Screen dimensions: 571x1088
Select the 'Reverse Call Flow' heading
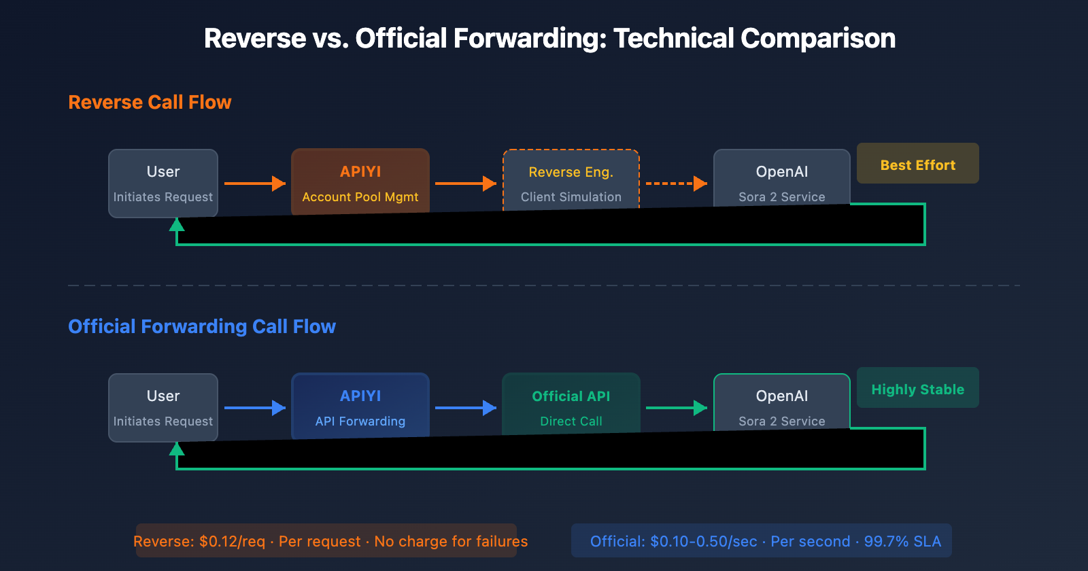[150, 103]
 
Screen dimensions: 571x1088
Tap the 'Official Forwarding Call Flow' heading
[202, 327]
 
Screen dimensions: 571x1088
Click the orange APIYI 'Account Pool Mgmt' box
[360, 182]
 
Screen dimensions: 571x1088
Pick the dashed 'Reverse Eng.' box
[571, 181]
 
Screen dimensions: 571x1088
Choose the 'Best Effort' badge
[917, 164]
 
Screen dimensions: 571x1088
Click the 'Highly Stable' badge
[917, 388]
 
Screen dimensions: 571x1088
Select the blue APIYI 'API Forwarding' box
[360, 406]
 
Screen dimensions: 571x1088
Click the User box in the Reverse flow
[163, 182]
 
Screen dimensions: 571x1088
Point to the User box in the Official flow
[163, 406]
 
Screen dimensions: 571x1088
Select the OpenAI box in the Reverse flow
[782, 178]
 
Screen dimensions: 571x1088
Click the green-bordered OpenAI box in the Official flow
[782, 402]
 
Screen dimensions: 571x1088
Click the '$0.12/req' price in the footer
[232, 542]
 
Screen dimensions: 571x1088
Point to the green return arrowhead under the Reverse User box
[177, 225]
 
